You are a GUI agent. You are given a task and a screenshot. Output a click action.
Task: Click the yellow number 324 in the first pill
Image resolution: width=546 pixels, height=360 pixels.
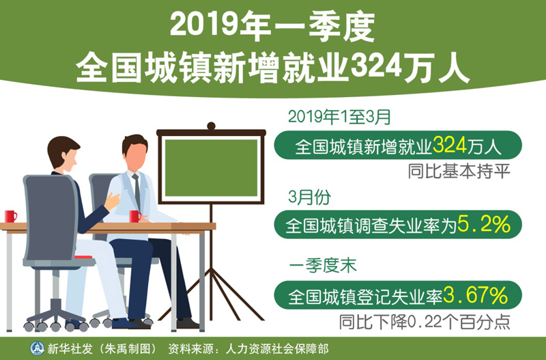click(x=449, y=145)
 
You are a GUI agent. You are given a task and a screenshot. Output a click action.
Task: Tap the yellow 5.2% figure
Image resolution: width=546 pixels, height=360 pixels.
click(x=484, y=224)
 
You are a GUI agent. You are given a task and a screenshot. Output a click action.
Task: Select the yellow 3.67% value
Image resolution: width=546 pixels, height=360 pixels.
click(x=476, y=295)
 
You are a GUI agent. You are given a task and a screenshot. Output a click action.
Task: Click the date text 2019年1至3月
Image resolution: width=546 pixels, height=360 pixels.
click(x=339, y=117)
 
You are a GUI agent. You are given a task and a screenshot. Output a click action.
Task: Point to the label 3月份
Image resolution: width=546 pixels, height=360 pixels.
click(x=309, y=197)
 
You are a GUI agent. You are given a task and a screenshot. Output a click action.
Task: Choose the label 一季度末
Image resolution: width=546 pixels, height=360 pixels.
click(x=323, y=266)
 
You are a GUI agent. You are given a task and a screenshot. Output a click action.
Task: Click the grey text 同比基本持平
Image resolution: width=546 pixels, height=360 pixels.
click(x=459, y=171)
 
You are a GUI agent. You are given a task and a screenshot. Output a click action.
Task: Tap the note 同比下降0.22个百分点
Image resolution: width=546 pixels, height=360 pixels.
click(x=425, y=322)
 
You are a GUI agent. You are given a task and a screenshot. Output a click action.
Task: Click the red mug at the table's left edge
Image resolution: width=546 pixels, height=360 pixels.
click(x=10, y=217)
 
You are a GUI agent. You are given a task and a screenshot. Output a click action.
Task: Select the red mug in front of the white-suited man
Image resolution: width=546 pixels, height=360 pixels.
click(x=135, y=217)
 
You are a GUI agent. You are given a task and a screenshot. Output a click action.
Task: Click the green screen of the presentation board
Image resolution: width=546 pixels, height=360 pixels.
click(x=211, y=167)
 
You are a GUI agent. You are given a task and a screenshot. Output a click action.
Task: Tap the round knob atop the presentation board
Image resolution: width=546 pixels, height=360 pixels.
click(x=211, y=126)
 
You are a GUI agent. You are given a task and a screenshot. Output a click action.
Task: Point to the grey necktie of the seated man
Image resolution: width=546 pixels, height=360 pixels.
click(x=137, y=192)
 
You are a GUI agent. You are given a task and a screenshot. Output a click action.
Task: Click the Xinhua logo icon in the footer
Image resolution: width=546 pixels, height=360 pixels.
click(x=37, y=348)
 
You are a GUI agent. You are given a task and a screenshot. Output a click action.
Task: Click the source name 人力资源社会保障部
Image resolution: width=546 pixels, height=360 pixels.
click(x=277, y=348)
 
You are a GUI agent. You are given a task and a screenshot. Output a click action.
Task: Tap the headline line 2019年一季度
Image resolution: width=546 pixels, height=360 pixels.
click(x=272, y=27)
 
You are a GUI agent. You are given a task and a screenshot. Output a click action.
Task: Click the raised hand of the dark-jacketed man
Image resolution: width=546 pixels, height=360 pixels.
click(x=112, y=201)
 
